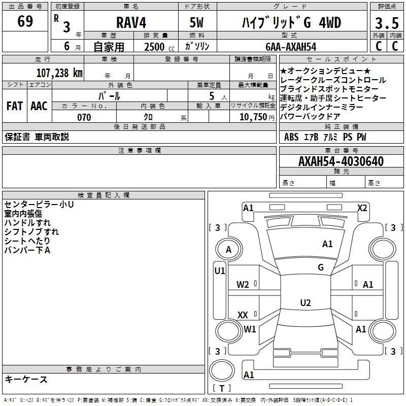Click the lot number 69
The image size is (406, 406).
click(x=25, y=21)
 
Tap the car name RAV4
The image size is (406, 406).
click(x=131, y=22)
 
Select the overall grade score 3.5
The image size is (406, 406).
click(x=387, y=23)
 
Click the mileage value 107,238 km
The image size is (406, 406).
click(x=59, y=73)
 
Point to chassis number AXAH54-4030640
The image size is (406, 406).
click(x=341, y=161)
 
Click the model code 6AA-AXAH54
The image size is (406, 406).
click(x=291, y=47)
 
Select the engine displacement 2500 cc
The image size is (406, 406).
click(x=159, y=47)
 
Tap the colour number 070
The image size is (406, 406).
click(x=84, y=117)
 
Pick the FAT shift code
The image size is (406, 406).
click(x=15, y=106)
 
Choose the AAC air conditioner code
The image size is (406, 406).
click(x=39, y=106)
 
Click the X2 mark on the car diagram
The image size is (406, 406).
click(x=362, y=208)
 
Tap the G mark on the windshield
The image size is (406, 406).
click(x=321, y=267)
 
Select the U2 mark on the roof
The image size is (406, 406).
click(x=306, y=302)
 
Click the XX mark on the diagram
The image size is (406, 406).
click(x=243, y=315)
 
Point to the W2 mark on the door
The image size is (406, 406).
click(x=243, y=285)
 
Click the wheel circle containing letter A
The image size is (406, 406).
click(x=229, y=249)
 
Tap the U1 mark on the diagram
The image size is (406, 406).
click(x=220, y=271)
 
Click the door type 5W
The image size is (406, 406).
click(x=196, y=22)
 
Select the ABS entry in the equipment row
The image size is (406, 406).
click(x=291, y=137)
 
